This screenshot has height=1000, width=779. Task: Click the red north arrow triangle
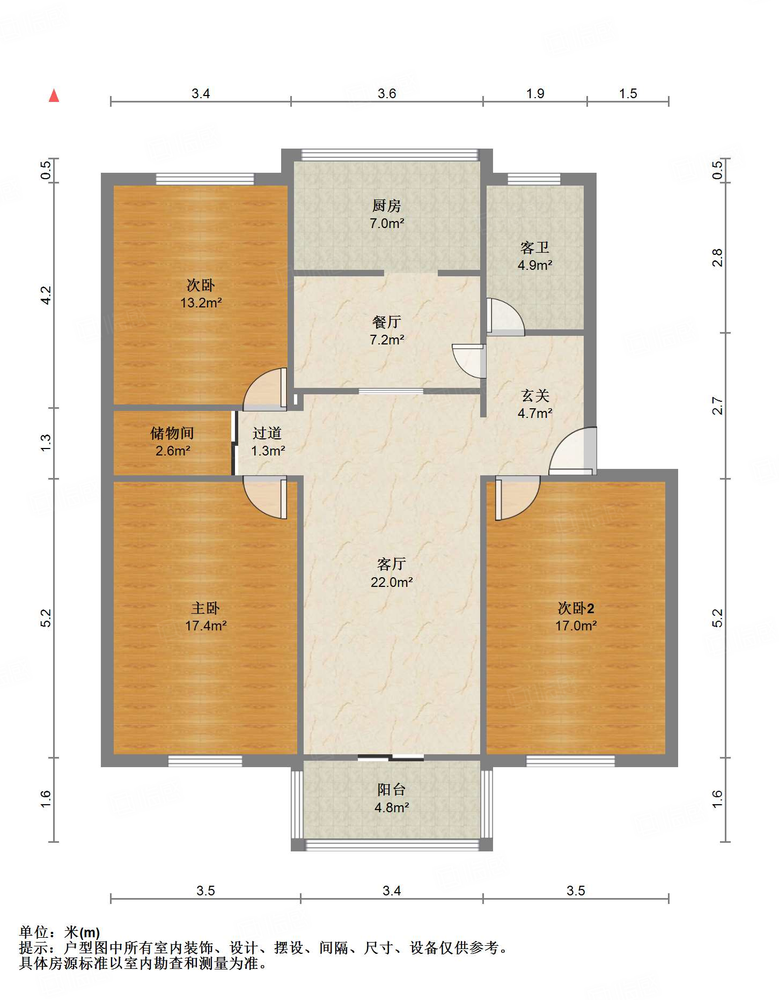pos(54,96)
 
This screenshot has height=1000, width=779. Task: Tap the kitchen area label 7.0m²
pos(387,223)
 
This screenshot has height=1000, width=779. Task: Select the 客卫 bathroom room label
pos(535,247)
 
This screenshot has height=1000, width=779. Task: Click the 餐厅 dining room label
pos(386,322)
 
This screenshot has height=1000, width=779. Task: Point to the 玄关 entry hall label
pos(535,395)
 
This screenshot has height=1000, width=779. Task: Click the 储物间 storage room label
pos(172,433)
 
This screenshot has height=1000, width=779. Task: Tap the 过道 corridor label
pos(267,433)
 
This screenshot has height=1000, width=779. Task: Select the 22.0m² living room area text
pos(392,582)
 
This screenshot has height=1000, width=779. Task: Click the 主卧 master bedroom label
pos(205,608)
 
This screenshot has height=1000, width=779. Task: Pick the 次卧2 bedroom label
pos(576,608)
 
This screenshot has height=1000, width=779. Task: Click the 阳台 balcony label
pos(392,790)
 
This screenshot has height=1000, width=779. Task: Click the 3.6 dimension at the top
pos(386,94)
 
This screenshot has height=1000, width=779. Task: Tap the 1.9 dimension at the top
pos(535,94)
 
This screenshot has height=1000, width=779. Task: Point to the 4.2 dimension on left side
pos(47,296)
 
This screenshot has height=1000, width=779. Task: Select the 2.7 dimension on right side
pos(718,406)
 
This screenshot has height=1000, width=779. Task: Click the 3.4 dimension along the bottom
pos(392,891)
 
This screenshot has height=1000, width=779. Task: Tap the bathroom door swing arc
pos(505,317)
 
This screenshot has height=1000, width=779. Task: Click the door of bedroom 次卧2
pos(516,497)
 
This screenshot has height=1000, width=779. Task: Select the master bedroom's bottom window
pos(205,760)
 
